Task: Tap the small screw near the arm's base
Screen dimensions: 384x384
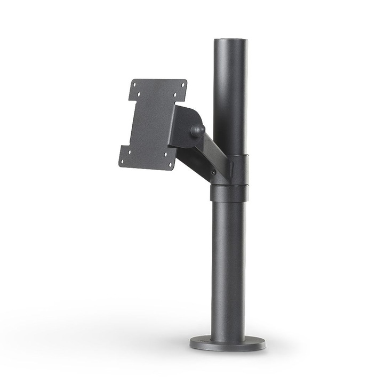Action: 213,172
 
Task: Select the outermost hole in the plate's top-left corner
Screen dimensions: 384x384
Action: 134,84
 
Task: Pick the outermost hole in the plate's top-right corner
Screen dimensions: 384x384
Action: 183,85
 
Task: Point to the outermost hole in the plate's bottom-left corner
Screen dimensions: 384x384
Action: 123,161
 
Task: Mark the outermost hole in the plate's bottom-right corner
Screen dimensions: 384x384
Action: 170,165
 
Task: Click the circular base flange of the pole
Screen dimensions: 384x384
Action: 227,343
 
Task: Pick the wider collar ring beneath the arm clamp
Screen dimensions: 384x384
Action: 229,193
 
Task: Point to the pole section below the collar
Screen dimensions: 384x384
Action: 228,267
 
